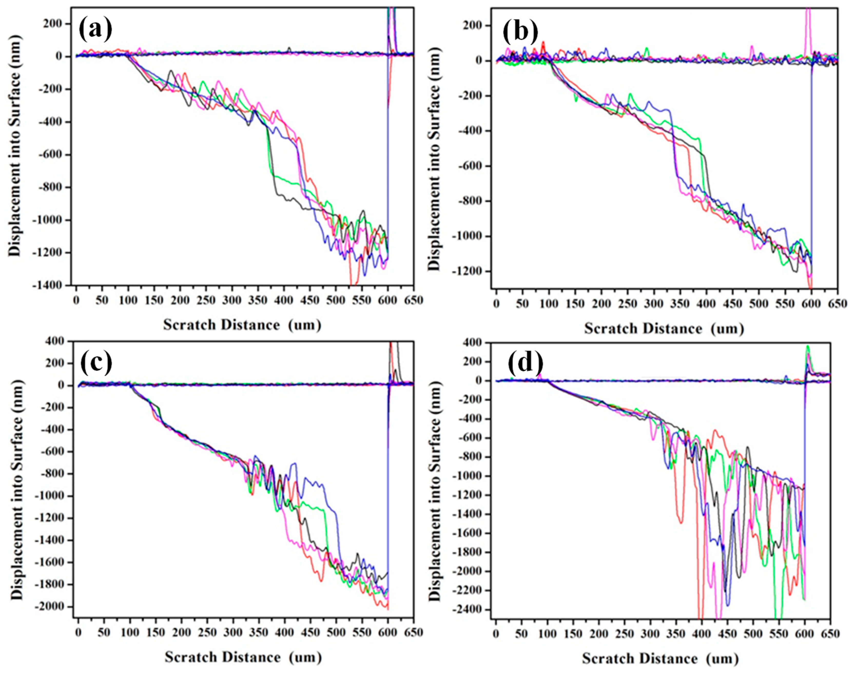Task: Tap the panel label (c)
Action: pyautogui.click(x=96, y=364)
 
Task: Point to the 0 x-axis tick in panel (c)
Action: pyautogui.click(x=78, y=632)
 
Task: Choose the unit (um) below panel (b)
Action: pyautogui.click(x=727, y=328)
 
